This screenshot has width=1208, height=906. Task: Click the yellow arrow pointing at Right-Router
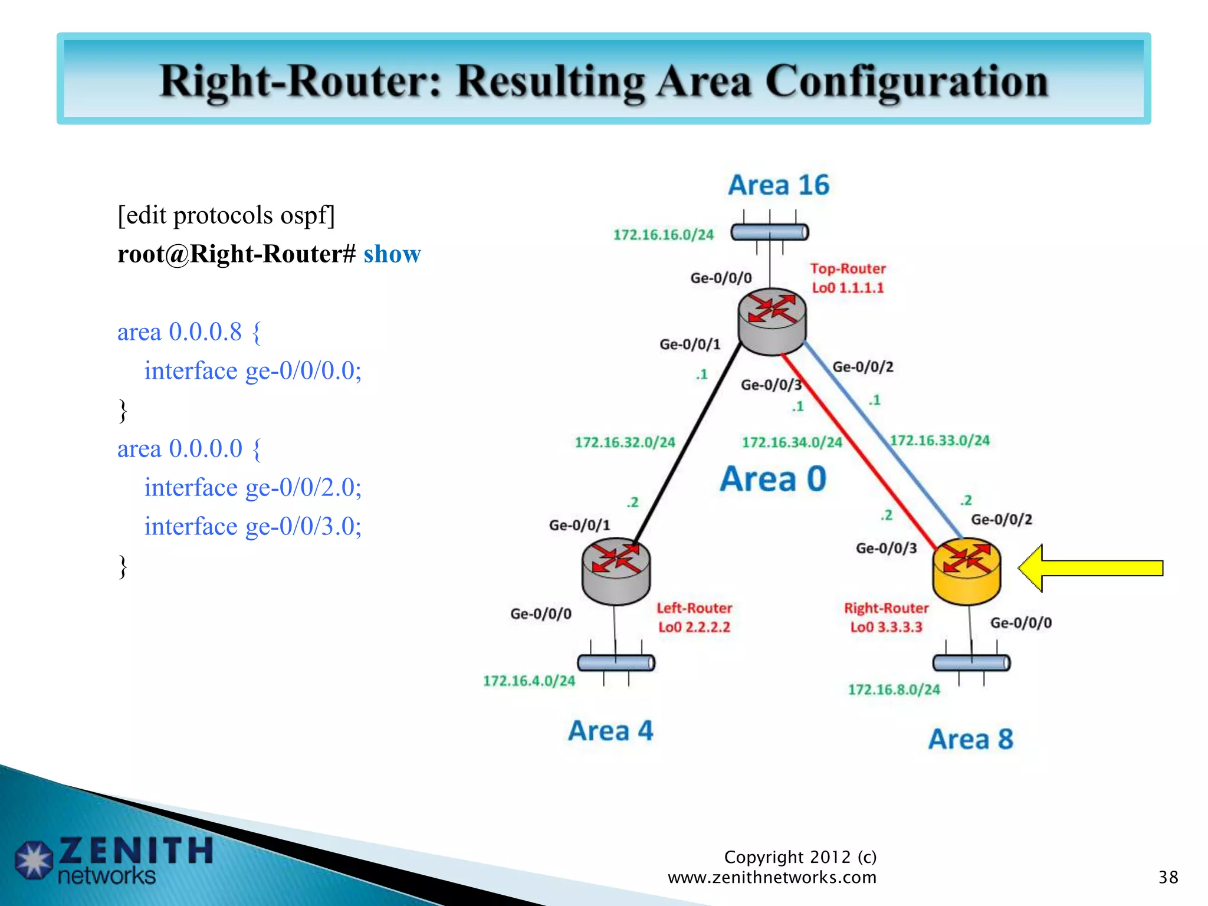(x=1091, y=568)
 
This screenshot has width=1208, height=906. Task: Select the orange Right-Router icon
(x=966, y=571)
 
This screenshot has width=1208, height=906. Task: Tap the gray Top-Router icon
(x=772, y=321)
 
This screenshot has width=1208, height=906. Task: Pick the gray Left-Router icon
(x=615, y=571)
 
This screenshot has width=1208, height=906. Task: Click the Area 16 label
(x=779, y=185)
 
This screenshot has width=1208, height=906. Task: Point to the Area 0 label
(x=773, y=479)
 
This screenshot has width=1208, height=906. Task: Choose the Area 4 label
(x=610, y=731)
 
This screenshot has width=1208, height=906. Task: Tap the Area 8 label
(x=970, y=739)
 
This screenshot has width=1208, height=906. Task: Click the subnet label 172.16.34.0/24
(x=792, y=442)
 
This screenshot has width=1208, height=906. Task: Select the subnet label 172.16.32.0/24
(x=625, y=442)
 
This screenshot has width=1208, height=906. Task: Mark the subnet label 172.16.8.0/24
(x=894, y=690)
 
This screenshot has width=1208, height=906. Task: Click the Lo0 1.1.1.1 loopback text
(x=848, y=288)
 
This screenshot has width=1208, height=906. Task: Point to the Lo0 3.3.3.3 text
(x=885, y=627)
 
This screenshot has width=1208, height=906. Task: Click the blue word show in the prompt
(x=392, y=254)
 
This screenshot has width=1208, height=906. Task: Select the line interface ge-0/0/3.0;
(x=252, y=526)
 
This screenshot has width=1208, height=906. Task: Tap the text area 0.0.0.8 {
(x=189, y=332)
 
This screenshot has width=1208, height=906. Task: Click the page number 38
(x=1168, y=877)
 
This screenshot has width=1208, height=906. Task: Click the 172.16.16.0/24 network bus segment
(x=769, y=232)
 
